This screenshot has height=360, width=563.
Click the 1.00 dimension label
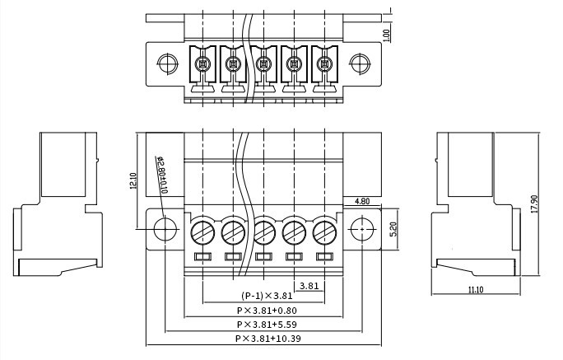pyautogui.click(x=386, y=35)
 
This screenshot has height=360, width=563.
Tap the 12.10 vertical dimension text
pyautogui.click(x=133, y=180)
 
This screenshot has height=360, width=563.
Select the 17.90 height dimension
pyautogui.click(x=534, y=204)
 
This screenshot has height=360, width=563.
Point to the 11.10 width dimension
pyautogui.click(x=476, y=290)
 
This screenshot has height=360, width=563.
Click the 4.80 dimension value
pyautogui.click(x=362, y=201)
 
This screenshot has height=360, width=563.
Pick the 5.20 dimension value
pyautogui.click(x=393, y=229)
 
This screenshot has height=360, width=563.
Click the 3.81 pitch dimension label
pyautogui.click(x=309, y=286)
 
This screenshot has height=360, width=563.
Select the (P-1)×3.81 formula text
pyautogui.click(x=267, y=296)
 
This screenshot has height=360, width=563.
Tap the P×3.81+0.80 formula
pyautogui.click(x=267, y=310)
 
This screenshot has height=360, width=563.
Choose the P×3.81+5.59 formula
pyautogui.click(x=267, y=325)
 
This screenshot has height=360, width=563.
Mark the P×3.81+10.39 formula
pyautogui.click(x=268, y=339)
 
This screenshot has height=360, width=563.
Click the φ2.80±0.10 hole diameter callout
pyautogui.click(x=161, y=175)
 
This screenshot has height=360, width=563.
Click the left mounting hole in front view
pyautogui.click(x=165, y=229)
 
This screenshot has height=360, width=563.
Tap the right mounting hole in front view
pyautogui.click(x=362, y=229)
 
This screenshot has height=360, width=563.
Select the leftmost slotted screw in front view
pyautogui.click(x=202, y=232)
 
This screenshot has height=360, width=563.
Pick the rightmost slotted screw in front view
pyautogui.click(x=324, y=232)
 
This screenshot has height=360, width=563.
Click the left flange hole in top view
pyautogui.click(x=167, y=64)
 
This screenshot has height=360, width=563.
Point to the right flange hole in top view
pyautogui.click(x=360, y=64)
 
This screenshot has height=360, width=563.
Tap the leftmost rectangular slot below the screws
pyautogui.click(x=202, y=256)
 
